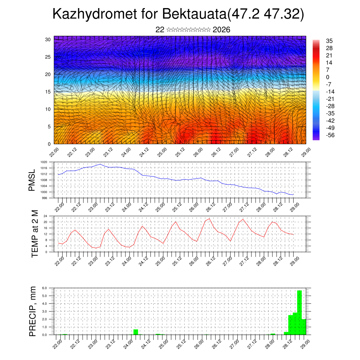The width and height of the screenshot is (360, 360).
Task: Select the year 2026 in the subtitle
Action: click(x=221, y=30)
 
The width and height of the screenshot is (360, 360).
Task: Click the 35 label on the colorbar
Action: click(x=329, y=41)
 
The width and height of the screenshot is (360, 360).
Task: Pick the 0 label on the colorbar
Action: click(x=328, y=77)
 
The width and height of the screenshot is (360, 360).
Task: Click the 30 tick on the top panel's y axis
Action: click(x=48, y=39)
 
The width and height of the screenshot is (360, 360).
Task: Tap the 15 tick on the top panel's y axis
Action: click(x=48, y=92)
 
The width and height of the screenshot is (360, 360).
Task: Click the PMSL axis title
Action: click(x=32, y=180)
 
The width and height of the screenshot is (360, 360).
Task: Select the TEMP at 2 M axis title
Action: click(x=34, y=233)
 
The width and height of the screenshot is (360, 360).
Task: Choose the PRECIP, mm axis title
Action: click(x=33, y=311)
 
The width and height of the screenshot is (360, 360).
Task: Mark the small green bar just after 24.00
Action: click(x=136, y=332)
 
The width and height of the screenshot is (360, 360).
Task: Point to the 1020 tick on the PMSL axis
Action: click(x=44, y=162)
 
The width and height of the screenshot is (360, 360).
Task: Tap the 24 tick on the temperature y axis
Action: click(x=45, y=216)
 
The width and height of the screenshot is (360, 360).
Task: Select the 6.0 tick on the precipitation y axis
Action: click(x=45, y=288)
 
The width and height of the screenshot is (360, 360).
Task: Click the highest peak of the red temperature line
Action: click(x=210, y=219)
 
